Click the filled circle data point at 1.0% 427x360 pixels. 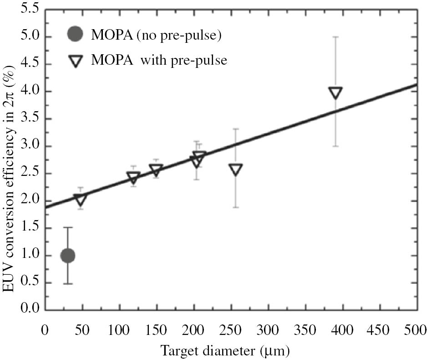coord(67,256)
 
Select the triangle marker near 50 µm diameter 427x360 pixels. coord(81,200)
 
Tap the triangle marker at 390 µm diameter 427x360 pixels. coord(335,93)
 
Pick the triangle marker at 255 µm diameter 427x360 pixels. coord(235,170)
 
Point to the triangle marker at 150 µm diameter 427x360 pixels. coord(156,170)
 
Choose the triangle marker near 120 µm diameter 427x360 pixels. coord(133,178)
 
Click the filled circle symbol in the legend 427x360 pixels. coord(75,35)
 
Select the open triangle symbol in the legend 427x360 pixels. coord(75,61)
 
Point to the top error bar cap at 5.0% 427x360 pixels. coord(335,37)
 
